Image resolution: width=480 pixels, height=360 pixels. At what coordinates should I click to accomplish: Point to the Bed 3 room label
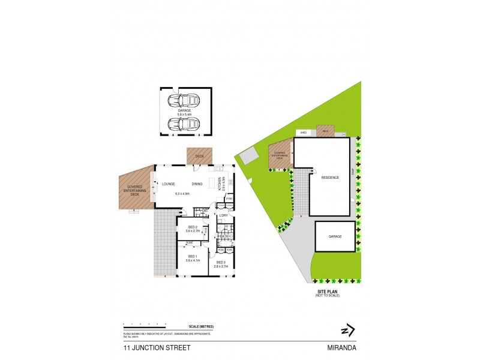(x=221, y=263)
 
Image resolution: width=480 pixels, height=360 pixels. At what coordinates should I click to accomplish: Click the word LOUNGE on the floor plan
(x=169, y=184)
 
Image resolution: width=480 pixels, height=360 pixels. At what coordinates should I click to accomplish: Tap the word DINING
(x=197, y=184)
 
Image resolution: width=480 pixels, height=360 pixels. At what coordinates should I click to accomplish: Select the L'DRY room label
(x=224, y=215)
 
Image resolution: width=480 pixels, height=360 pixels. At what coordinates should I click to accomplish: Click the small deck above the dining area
(x=197, y=156)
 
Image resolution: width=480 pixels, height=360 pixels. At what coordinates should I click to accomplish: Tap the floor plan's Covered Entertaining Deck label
(x=134, y=190)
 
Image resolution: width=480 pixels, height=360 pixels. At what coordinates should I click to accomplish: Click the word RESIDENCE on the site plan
(x=330, y=178)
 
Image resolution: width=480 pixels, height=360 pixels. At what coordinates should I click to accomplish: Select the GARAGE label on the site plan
(x=335, y=236)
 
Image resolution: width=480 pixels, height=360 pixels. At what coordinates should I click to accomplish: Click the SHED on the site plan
(x=304, y=133)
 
